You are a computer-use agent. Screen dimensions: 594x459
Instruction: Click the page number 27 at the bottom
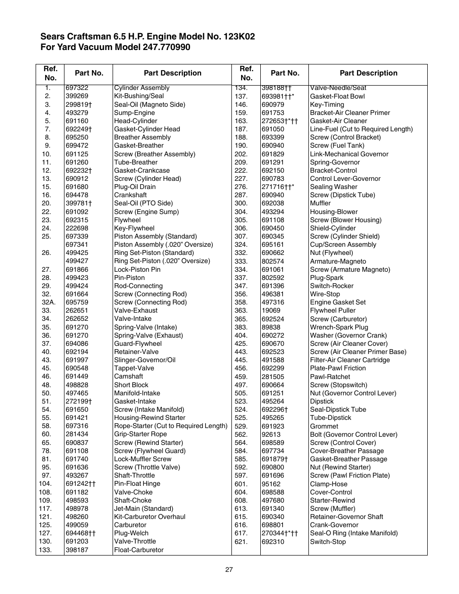coord(229,570)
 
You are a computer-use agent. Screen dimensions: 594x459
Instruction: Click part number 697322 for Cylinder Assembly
coord(77,88)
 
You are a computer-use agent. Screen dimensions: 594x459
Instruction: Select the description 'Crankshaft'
coord(130,195)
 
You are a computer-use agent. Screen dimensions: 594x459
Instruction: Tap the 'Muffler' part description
coord(320,203)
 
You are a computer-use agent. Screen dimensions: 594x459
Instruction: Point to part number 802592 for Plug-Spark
coord(273,278)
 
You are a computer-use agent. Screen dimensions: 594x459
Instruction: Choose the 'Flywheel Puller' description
coord(333,311)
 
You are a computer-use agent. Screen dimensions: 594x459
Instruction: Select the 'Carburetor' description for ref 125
coord(130,525)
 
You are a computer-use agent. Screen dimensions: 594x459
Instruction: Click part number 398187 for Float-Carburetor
coord(77,550)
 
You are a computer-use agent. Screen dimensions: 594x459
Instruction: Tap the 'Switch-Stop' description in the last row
coord(328,542)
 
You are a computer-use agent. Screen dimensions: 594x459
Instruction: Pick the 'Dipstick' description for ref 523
coord(322,401)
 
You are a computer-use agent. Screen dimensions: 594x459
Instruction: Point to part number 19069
coord(271,311)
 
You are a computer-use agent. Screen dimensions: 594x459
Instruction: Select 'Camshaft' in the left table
coord(128,377)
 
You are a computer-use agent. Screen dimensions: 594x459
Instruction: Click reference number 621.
coord(241,542)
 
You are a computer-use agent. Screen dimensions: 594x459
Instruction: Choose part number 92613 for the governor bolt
coord(271,434)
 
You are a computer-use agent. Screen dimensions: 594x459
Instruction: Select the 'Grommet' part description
coord(324,426)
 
